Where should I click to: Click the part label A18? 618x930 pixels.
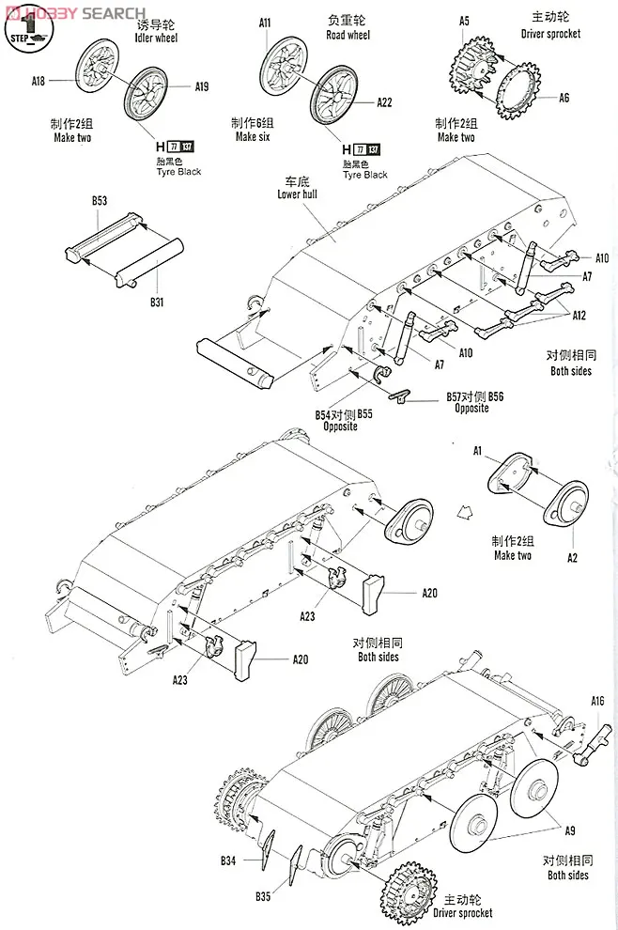tap(38, 82)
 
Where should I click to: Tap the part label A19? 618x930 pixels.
tap(201, 87)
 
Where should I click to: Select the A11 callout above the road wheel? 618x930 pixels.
tap(265, 23)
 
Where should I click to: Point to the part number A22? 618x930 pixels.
tap(384, 102)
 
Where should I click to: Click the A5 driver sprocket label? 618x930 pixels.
tap(464, 21)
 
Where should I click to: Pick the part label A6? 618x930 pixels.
tap(564, 98)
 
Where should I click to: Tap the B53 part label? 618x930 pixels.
tap(100, 200)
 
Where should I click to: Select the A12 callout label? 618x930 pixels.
tap(579, 316)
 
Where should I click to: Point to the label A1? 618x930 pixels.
tap(477, 451)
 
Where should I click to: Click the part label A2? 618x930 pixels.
tap(572, 558)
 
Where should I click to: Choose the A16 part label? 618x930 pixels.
tap(597, 700)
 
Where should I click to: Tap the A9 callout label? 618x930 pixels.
tap(570, 829)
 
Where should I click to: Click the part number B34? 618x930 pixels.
tap(229, 860)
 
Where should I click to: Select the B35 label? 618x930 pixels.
tap(263, 896)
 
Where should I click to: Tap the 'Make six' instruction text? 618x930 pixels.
tap(254, 137)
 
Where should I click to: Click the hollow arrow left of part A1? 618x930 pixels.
tap(462, 512)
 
